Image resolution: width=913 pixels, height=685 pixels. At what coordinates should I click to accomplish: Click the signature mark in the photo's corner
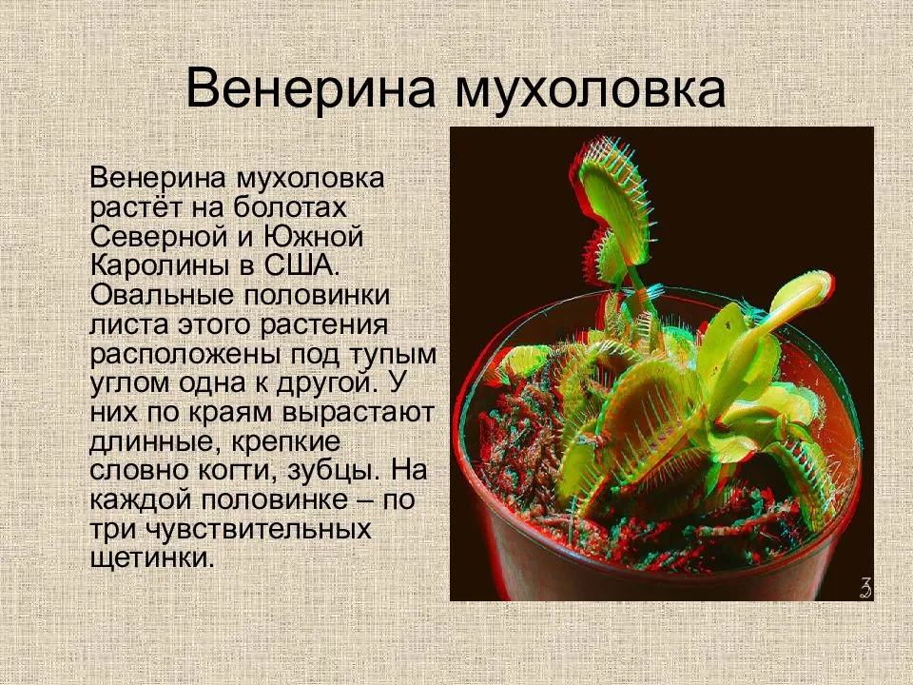click(x=863, y=588)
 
